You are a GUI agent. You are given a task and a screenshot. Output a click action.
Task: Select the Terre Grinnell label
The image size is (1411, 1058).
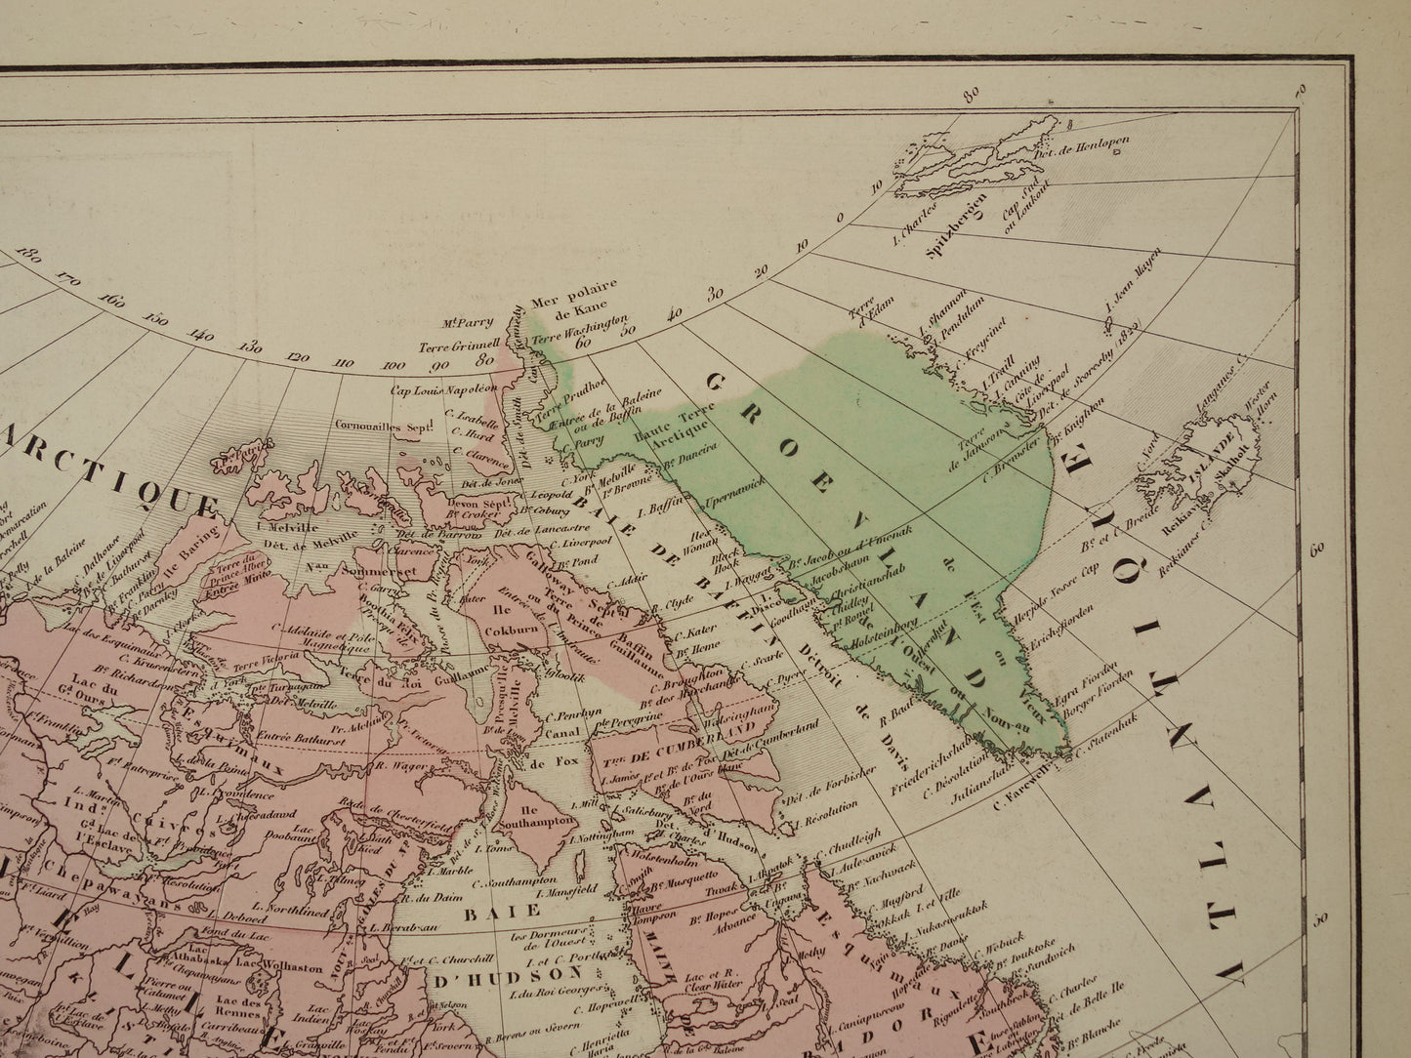click(453, 346)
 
